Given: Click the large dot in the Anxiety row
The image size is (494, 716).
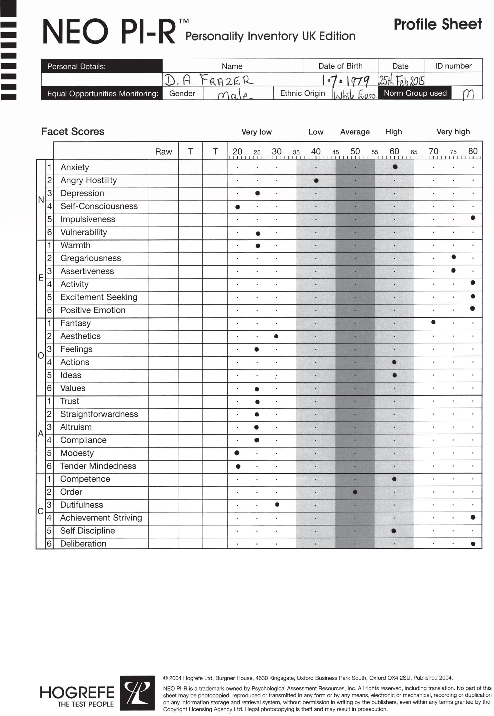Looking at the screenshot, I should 395,167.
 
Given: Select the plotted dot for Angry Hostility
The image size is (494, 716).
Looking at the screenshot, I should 316,181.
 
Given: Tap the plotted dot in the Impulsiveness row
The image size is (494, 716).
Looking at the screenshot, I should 473,218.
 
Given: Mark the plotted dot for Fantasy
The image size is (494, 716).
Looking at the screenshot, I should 433,322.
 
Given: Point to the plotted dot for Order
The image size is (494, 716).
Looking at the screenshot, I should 355,492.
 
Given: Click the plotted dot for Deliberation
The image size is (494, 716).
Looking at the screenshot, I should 473,544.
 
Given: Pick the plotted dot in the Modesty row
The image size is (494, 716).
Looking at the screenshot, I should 237,453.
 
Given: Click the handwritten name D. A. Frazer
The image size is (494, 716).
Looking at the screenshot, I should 209,80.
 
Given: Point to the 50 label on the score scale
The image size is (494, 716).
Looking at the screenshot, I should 355,151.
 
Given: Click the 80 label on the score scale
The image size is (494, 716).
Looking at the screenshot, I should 473,151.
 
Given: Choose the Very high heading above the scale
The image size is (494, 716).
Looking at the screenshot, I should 453,132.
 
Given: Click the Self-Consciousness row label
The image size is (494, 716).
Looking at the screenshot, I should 99,206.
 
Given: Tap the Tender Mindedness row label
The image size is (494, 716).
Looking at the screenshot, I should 98,466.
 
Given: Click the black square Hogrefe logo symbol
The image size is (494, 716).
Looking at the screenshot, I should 137,693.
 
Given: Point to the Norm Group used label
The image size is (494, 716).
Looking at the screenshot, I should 415,93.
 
